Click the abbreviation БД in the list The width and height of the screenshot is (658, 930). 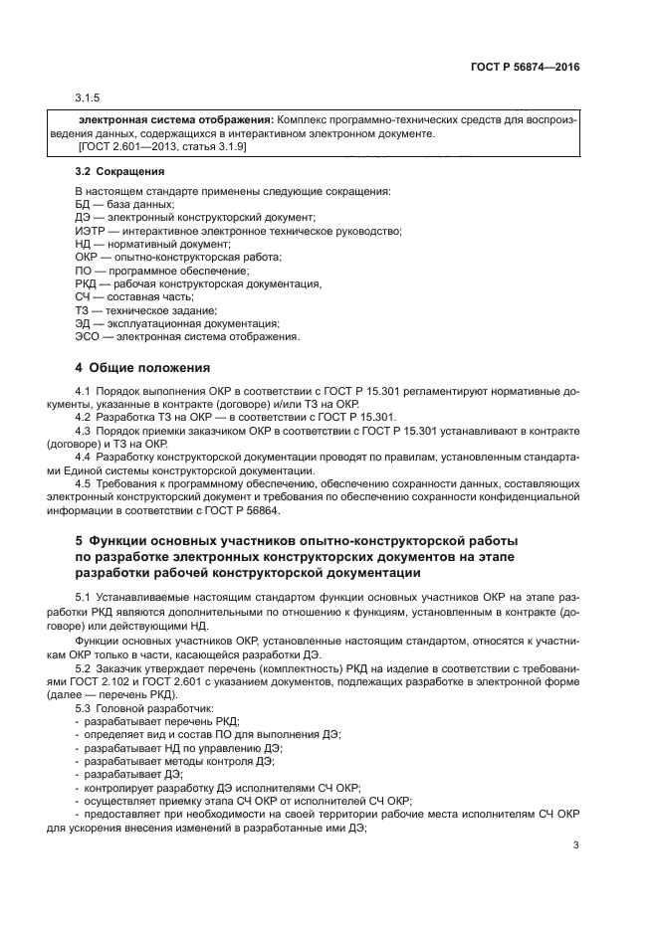pyautogui.click(x=83, y=203)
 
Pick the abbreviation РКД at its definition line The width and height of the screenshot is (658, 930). pyautogui.click(x=86, y=283)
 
